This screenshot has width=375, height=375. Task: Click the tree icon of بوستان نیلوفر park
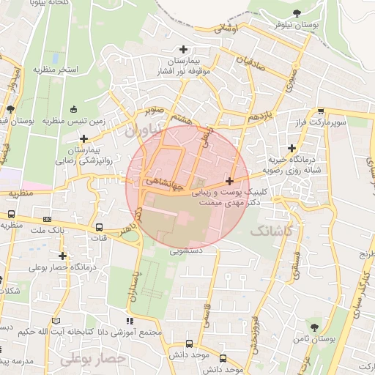coord(297,13)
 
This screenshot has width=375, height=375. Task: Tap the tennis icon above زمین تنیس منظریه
coord(73,110)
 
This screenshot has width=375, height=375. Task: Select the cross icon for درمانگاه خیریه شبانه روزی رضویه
coord(292,148)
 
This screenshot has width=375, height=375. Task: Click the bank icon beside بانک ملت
coord(48,218)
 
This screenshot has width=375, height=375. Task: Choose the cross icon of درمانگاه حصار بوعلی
coord(63,256)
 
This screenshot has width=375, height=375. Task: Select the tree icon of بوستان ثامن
coord(314,324)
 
